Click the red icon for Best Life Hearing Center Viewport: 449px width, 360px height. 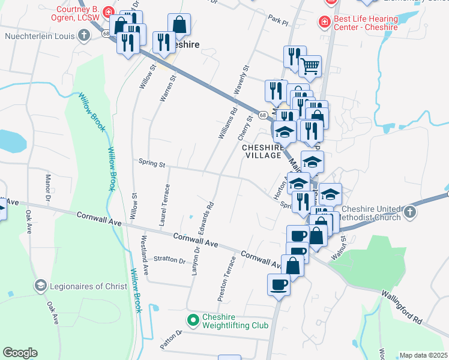tap(324, 22)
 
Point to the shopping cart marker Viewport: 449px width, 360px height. tap(310, 66)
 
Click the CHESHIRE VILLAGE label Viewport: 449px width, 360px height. tap(262, 151)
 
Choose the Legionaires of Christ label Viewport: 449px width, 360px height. tap(88, 286)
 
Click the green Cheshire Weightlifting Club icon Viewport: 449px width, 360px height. tap(193, 320)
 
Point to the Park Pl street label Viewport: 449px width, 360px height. tap(279, 20)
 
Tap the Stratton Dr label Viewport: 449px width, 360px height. tap(169, 260)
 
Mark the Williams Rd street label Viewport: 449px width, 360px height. tap(228, 123)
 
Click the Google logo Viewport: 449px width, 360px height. tap(20, 353)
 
